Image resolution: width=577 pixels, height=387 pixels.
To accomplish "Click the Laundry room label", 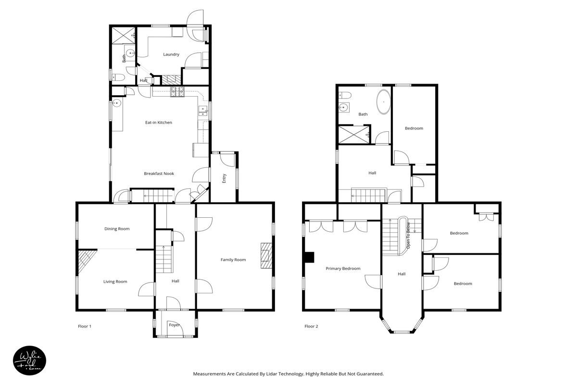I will coord(171,54).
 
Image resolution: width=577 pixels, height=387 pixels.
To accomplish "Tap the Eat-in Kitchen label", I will coord(159,123).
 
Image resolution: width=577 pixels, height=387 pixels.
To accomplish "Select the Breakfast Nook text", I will coord(159,174).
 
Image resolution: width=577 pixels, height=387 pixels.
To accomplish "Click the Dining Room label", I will coord(117,229).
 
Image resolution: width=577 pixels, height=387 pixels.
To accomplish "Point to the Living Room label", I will coord(115,281).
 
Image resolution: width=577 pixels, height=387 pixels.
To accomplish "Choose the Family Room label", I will coord(233,260).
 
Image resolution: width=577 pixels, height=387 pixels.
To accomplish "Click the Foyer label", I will coord(175,325).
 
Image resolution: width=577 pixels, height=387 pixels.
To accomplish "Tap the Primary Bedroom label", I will coord(343,269).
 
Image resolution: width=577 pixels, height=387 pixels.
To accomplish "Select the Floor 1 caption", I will coord(85,326).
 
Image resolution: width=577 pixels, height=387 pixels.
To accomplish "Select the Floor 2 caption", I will coord(311,326).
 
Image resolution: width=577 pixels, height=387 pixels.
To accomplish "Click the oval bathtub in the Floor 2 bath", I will coord(383,102).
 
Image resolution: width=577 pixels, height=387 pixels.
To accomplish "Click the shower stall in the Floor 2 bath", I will coord(354,134).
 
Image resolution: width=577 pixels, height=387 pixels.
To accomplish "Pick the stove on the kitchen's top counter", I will coord(177,91).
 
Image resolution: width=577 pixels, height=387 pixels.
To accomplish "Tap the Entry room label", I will coord(224,178).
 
